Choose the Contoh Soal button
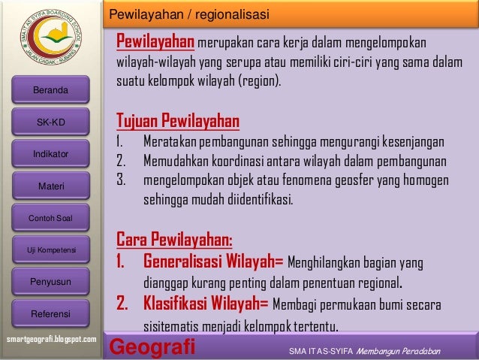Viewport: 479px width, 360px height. pyautogui.click(x=50, y=218)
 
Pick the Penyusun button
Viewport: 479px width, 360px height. pyautogui.click(x=50, y=282)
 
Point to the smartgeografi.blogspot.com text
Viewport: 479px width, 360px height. pyautogui.click(x=51, y=340)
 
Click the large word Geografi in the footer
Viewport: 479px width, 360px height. pyautogui.click(x=152, y=348)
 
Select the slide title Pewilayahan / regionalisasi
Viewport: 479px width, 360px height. pyautogui.click(x=188, y=15)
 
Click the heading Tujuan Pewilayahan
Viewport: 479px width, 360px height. pyautogui.click(x=177, y=120)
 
